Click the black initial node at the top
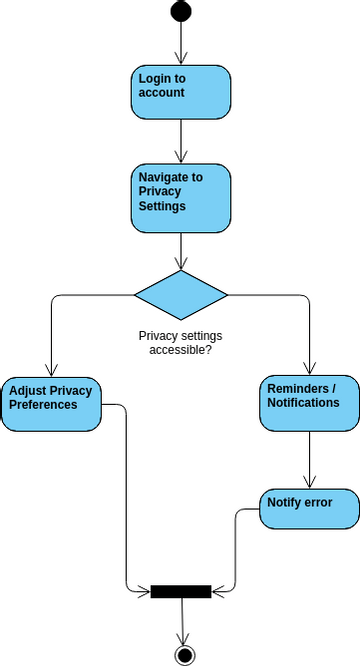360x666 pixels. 181,11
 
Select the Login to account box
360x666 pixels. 181,91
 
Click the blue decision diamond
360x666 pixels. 181,295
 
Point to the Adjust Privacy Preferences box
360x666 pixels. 51,403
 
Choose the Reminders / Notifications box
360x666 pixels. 310,403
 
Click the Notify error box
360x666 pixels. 310,508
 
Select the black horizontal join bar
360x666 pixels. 181,591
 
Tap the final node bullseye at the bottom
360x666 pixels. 183,655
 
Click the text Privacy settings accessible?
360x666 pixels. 181,343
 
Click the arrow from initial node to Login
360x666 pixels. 181,42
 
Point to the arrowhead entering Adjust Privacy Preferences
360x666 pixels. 51,367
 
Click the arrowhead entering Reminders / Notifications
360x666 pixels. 310,367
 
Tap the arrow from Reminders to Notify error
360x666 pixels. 310,460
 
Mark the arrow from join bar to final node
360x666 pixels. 182,620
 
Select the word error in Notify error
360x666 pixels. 315,501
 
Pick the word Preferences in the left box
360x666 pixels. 43,405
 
